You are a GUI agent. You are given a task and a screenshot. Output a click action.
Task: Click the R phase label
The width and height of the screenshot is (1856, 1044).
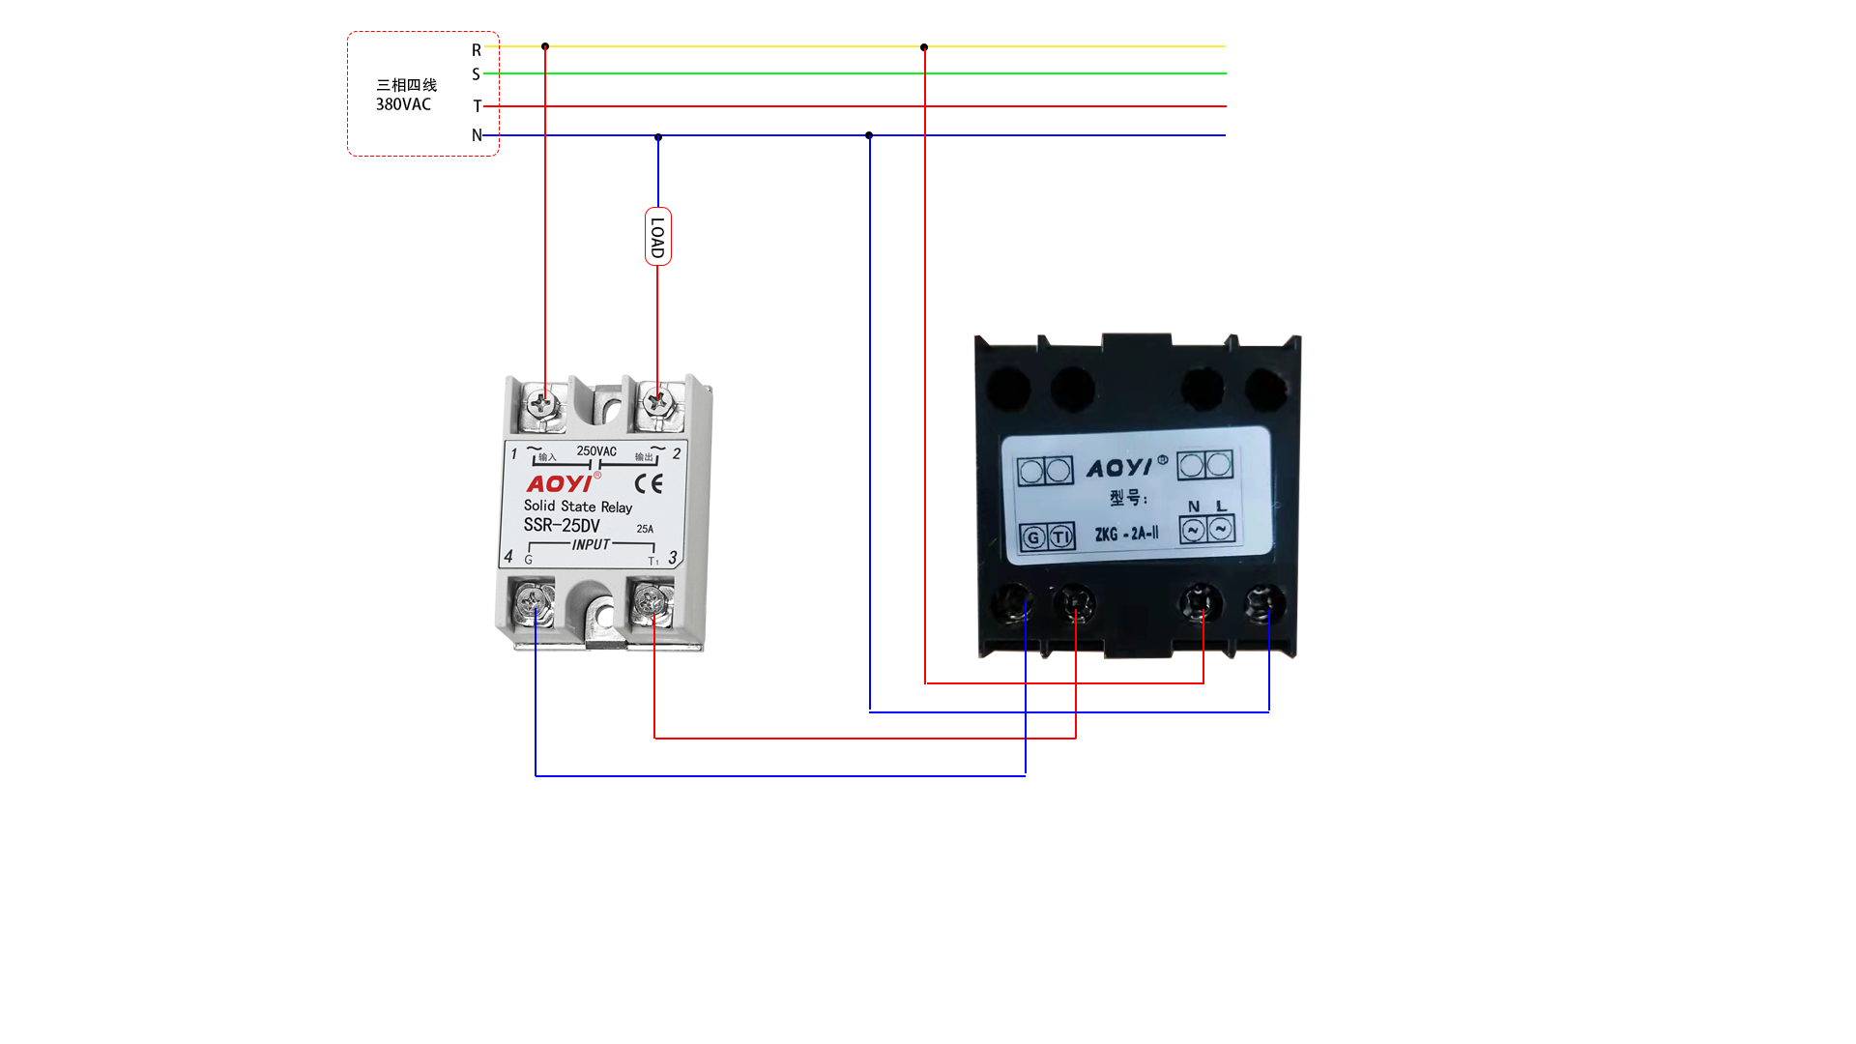477,49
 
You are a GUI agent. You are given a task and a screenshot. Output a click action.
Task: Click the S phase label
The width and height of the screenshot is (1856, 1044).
476,74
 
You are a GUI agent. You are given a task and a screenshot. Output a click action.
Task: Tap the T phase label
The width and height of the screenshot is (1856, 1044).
477,106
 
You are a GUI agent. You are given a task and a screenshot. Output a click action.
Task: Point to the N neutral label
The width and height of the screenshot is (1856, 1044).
477,135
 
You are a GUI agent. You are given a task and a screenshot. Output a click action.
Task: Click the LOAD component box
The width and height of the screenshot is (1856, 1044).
658,237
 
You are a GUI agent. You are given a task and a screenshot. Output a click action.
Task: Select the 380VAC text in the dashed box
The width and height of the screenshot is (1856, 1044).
403,104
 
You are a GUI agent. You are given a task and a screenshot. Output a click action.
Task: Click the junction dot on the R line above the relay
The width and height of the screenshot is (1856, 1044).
545,46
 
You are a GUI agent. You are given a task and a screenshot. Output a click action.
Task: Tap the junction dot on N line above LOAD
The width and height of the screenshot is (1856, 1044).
658,137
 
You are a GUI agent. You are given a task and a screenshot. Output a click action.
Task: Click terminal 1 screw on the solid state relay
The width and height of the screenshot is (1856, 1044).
544,402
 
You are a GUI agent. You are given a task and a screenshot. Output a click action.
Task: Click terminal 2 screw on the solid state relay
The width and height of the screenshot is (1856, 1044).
657,400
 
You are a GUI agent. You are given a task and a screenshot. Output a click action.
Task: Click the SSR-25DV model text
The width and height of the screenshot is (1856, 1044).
562,525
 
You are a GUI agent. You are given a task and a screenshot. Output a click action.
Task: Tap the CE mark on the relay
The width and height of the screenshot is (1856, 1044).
649,483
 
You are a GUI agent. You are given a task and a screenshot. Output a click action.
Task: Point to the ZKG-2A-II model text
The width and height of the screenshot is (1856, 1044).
1126,534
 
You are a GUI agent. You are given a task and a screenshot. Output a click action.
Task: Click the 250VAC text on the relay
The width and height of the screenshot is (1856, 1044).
596,451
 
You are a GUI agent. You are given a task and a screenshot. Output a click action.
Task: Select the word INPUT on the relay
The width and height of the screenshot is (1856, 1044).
591,545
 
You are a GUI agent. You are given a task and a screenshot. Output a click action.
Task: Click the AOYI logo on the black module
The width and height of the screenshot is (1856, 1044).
1120,468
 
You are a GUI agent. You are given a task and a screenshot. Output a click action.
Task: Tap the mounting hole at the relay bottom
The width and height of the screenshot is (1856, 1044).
604,616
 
